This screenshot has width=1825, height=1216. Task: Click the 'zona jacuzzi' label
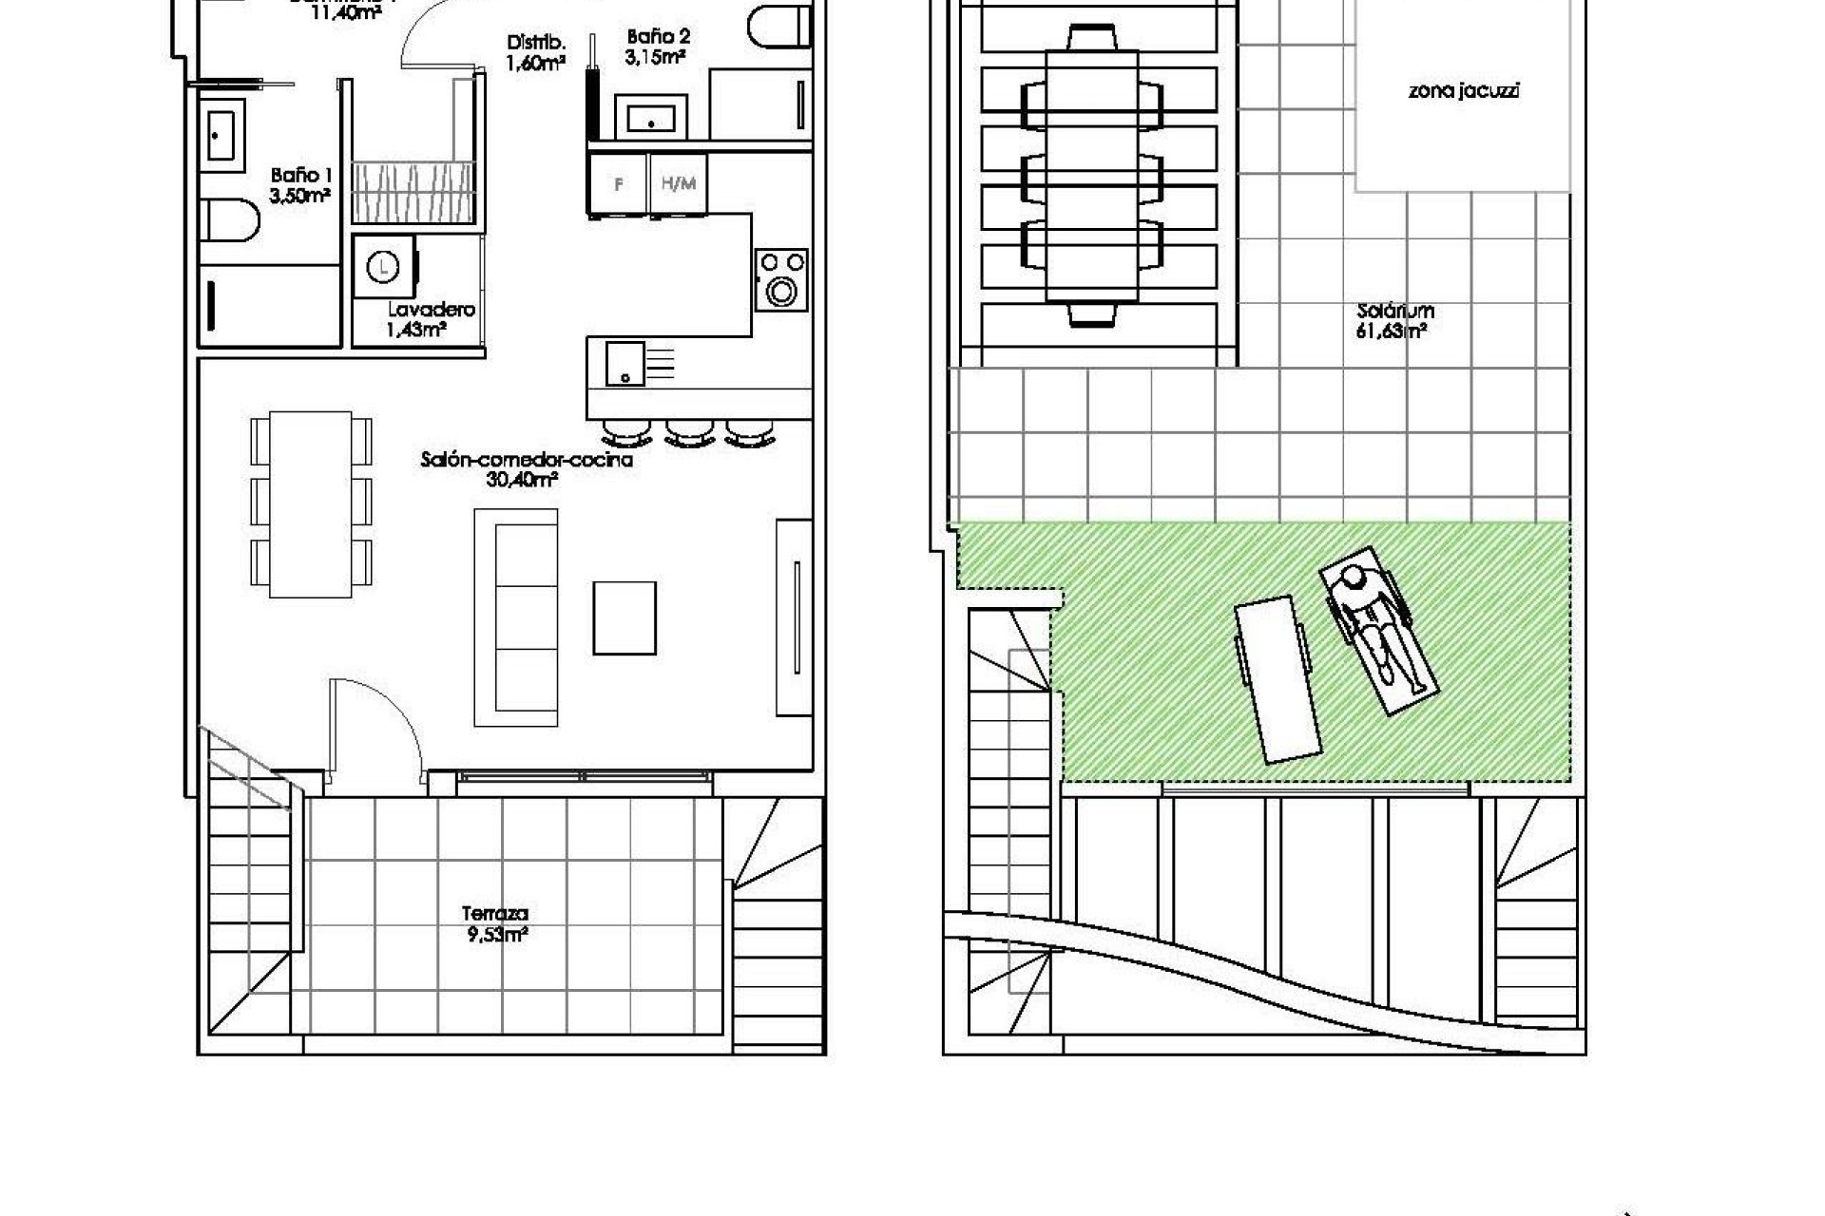(1463, 91)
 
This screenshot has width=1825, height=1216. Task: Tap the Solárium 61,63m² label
(1394, 321)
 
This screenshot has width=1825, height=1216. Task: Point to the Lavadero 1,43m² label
(430, 319)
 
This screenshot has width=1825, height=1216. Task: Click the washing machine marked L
(383, 267)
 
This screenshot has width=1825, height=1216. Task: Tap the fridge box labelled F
(618, 184)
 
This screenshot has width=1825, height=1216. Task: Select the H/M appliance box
(678, 184)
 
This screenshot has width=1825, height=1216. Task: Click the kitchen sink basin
(624, 364)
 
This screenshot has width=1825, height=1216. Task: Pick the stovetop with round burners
(781, 279)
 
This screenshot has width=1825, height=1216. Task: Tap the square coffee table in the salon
(624, 617)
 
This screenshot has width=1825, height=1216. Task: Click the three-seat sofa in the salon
(516, 617)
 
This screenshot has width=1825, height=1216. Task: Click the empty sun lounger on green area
(1277, 678)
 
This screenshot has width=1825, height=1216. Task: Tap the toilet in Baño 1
(230, 218)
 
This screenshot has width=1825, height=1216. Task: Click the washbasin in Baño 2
(651, 117)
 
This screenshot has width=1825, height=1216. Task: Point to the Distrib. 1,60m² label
(536, 53)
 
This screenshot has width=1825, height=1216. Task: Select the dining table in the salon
(311, 503)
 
